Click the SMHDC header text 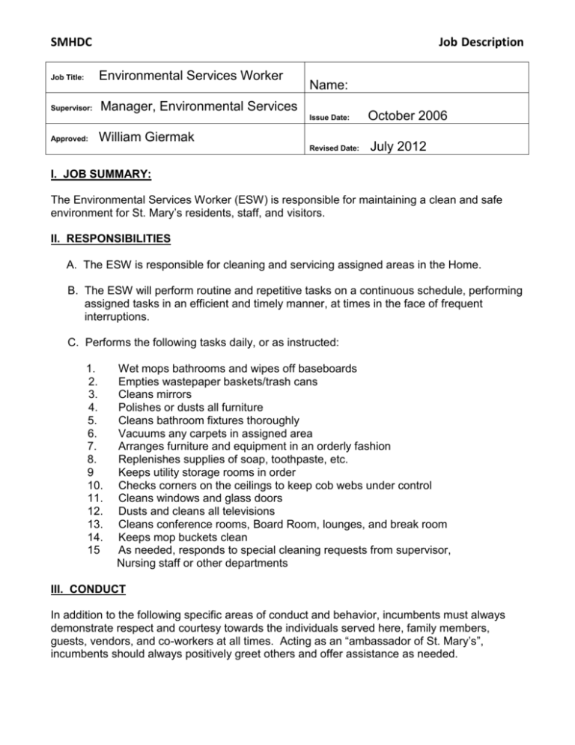pos(66,42)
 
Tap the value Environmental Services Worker pos(191,76)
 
